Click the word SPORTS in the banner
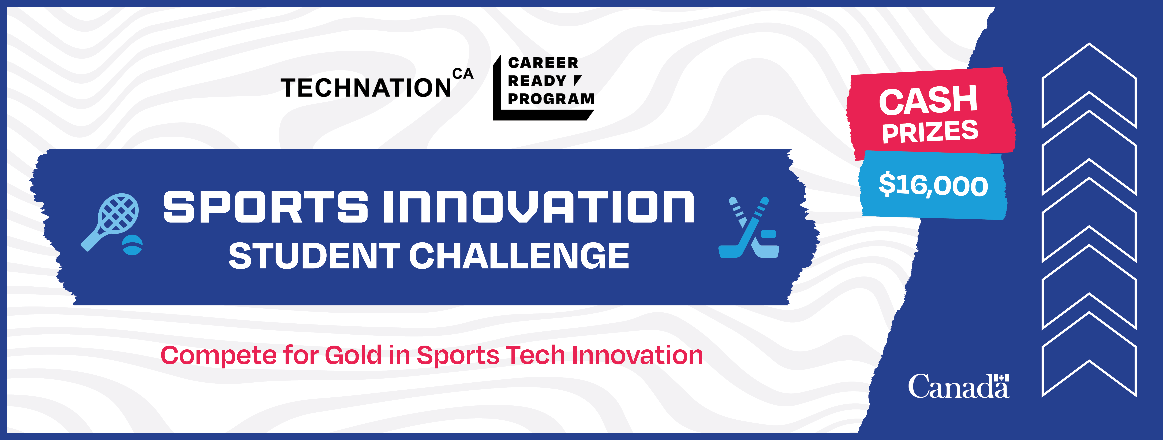[265, 207]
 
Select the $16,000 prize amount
[933, 185]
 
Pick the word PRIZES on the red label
[930, 132]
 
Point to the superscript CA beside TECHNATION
[463, 74]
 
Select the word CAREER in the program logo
[543, 63]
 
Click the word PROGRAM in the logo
[551, 98]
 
